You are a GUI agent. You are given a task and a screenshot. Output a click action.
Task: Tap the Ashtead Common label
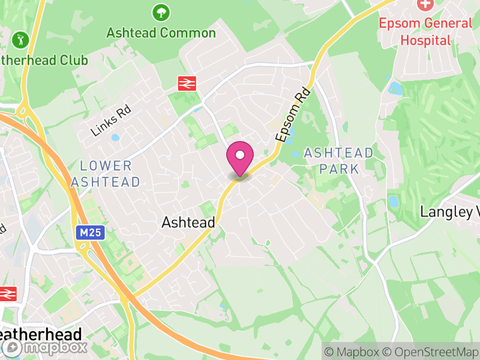[161, 32]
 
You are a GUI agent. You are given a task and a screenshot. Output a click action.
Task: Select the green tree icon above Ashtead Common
[160, 11]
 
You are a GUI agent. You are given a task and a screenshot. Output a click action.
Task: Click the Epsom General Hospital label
[425, 32]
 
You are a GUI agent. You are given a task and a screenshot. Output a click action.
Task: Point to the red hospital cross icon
[425, 5]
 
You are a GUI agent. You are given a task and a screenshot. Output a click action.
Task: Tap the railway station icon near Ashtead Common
[187, 83]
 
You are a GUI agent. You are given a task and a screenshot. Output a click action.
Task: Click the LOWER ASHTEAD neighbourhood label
[106, 173]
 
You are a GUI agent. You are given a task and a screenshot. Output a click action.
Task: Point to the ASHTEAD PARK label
[339, 160]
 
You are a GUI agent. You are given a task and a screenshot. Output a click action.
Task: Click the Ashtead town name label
[188, 223]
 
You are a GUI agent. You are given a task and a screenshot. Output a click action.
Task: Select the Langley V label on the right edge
[451, 212]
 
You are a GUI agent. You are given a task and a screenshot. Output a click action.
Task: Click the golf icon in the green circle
[20, 41]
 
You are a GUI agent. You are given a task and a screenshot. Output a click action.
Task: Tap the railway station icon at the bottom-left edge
[7, 294]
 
